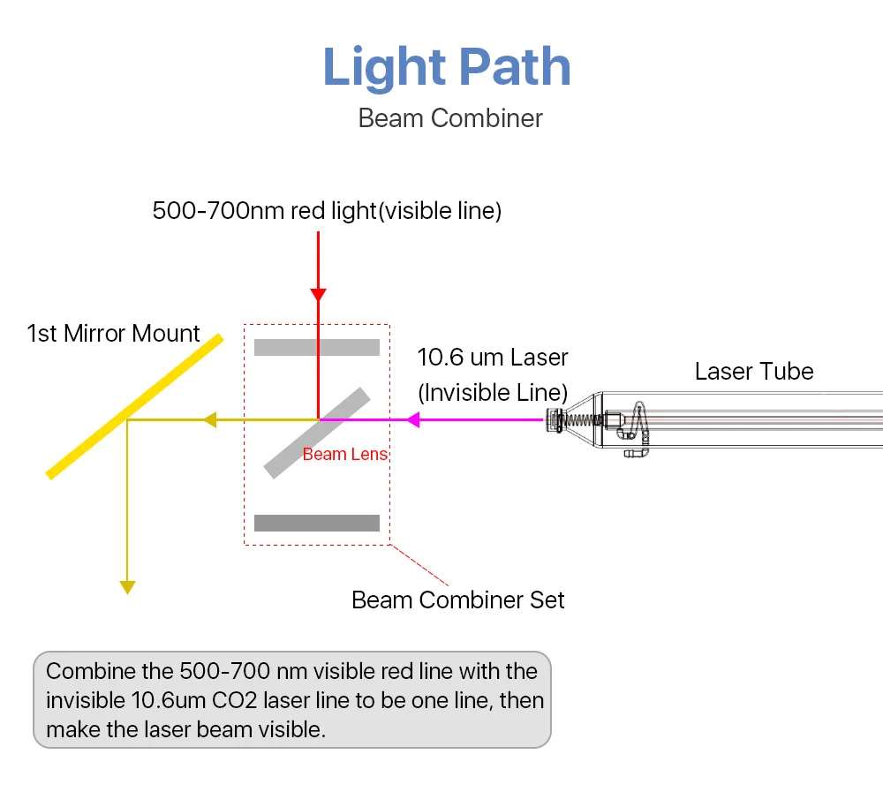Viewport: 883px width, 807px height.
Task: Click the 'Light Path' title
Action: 447,67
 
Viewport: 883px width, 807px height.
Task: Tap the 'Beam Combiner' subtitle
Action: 450,117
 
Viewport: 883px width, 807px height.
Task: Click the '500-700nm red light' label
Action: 264,211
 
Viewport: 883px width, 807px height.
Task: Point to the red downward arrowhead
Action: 319,294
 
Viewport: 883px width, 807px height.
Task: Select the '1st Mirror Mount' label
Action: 114,334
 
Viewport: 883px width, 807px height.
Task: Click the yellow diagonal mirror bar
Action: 132,407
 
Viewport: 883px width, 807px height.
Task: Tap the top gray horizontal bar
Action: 317,347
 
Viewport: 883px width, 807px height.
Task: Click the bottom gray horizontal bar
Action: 317,523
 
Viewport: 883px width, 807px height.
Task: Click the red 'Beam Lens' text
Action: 345,455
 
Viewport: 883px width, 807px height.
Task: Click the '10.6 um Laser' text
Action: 493,358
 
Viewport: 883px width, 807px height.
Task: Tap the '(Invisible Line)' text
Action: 493,392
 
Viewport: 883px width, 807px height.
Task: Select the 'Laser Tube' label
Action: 754,371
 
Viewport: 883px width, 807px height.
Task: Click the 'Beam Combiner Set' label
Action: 458,600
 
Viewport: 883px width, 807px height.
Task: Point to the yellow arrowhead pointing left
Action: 209,420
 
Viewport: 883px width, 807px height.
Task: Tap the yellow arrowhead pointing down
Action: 128,586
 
